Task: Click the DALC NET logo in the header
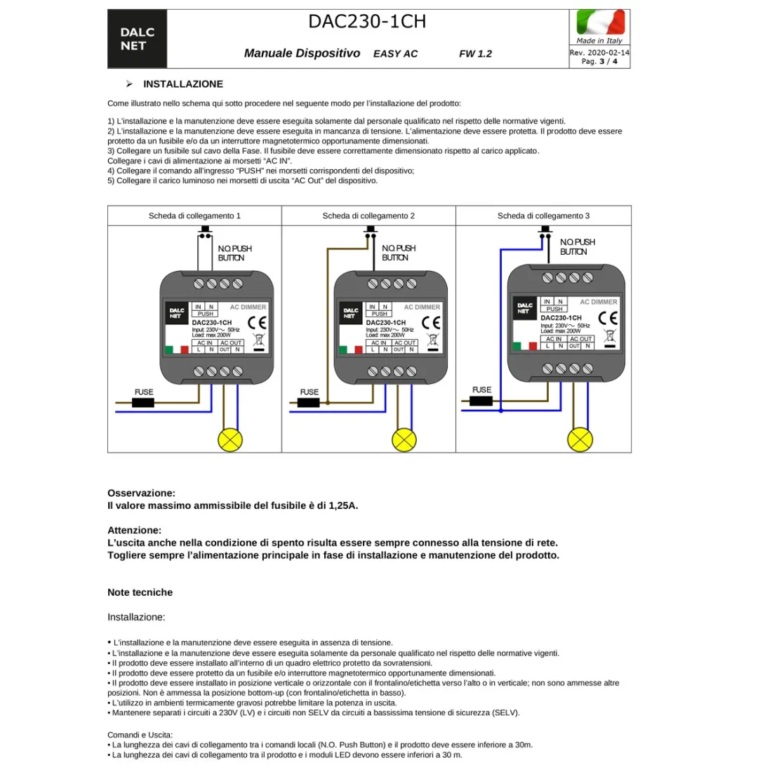click(137, 39)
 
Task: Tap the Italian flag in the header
click(599, 22)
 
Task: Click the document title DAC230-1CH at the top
click(367, 21)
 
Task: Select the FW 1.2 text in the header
click(475, 53)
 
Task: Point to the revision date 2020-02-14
click(608, 53)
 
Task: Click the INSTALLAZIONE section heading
click(182, 84)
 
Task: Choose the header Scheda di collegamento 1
click(194, 215)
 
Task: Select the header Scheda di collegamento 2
click(368, 215)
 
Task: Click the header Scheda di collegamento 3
click(543, 215)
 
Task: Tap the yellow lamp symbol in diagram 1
click(231, 439)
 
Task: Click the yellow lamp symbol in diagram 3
click(580, 439)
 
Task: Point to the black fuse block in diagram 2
click(310, 403)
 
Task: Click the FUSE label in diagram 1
click(144, 392)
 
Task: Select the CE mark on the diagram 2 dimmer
click(431, 323)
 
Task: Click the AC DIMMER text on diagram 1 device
click(248, 307)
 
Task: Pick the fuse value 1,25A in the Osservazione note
click(342, 505)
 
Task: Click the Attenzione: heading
click(134, 530)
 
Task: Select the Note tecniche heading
click(140, 592)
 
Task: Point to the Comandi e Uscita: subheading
click(140, 735)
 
